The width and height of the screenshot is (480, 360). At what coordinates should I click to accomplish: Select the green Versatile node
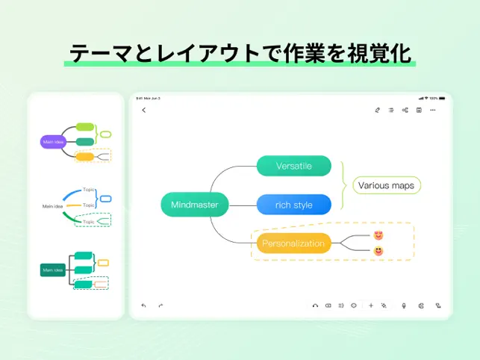pos(293,166)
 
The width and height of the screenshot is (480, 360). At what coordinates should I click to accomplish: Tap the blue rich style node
pos(293,205)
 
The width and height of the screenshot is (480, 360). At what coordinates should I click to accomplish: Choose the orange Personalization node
pos(293,243)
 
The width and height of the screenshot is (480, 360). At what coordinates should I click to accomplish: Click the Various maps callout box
pos(386,185)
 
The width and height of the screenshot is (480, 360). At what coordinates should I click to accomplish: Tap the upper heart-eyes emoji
pos(378,235)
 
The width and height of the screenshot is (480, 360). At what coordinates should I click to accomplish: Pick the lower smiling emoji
pos(378,251)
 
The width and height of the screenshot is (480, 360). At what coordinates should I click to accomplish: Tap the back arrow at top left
pos(144,111)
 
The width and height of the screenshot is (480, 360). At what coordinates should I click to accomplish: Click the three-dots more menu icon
pos(433,111)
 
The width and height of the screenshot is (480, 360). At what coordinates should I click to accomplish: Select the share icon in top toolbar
pos(405,111)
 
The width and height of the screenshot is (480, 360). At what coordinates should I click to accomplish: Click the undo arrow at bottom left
pos(144,305)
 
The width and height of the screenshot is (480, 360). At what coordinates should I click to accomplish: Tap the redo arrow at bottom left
pos(160,305)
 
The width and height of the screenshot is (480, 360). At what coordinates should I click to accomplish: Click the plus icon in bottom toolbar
pos(371,305)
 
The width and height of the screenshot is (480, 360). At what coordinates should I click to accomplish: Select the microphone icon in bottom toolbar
pos(404,305)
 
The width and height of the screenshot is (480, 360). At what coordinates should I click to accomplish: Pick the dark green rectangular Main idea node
pos(53,270)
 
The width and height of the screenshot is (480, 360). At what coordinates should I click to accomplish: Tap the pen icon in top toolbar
pos(378,111)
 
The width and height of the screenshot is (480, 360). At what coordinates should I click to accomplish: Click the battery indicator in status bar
pos(442,98)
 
